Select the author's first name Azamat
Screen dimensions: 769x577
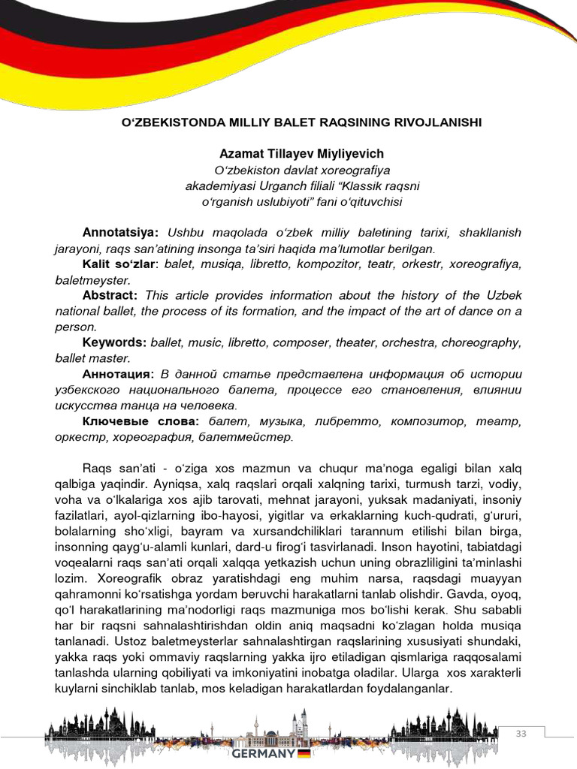click(240, 153)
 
